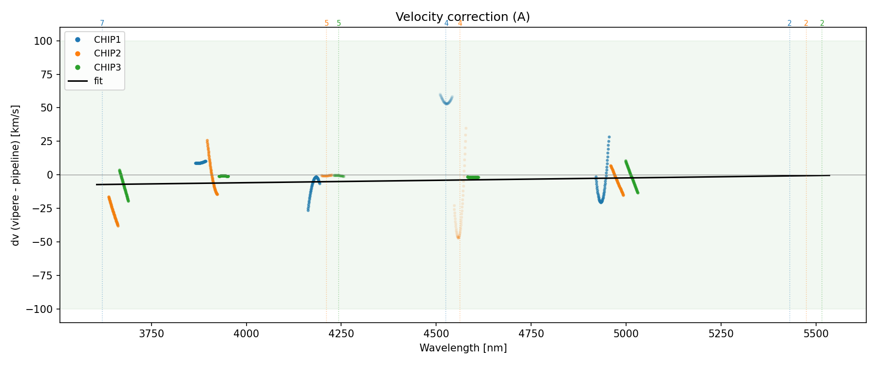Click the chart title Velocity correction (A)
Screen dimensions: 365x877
tap(462, 17)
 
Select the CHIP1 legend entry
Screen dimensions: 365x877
tap(107, 40)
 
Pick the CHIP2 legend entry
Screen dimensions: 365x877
tap(107, 54)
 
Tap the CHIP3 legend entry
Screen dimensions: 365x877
tap(107, 67)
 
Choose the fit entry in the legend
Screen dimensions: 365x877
tap(98, 81)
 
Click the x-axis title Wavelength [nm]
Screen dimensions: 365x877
tap(463, 348)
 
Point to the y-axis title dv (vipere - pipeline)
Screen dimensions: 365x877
tap(16, 175)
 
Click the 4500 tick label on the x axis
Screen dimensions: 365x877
tap(436, 334)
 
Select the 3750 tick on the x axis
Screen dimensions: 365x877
tap(152, 334)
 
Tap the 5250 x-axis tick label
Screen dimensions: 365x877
tap(721, 334)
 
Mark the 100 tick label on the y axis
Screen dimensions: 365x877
tap(43, 41)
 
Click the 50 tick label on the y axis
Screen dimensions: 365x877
tap(46, 108)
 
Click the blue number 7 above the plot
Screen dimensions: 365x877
tap(102, 23)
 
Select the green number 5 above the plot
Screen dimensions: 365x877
tap(339, 23)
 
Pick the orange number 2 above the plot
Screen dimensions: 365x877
tap(806, 23)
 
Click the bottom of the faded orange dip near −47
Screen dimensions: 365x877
tap(458, 237)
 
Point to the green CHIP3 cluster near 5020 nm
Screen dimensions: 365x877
tap(631, 176)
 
